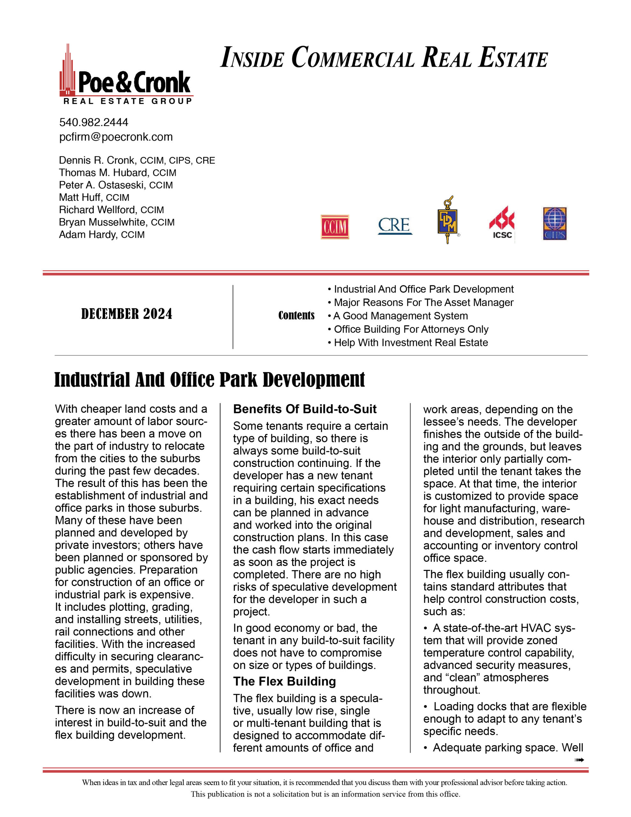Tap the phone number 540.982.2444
(x=93, y=122)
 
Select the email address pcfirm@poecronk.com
(x=116, y=137)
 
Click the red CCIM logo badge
(x=335, y=227)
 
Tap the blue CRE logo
(x=395, y=226)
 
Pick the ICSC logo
(x=501, y=223)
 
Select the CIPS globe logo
(x=555, y=224)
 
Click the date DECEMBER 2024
(x=127, y=314)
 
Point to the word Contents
(x=296, y=316)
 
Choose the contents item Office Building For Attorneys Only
(x=411, y=329)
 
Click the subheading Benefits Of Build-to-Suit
(x=305, y=409)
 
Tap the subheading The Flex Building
(x=284, y=681)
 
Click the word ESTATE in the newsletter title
(x=513, y=58)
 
